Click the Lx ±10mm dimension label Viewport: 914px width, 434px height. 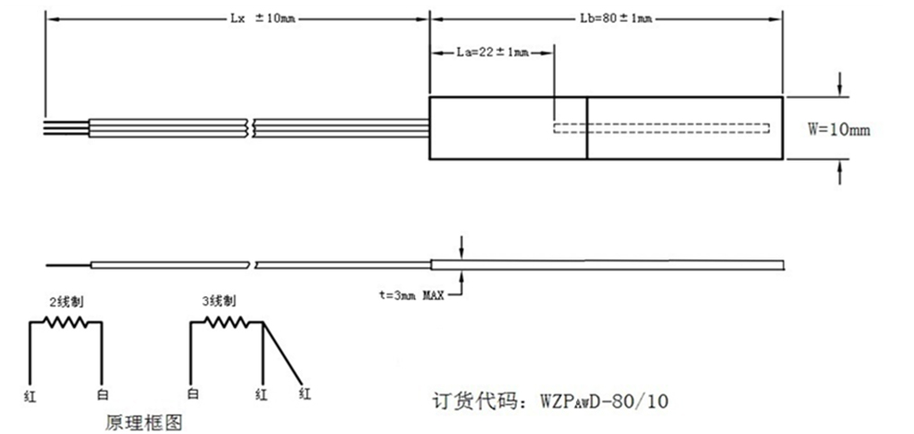tap(261, 18)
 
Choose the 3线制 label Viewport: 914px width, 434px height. tap(218, 302)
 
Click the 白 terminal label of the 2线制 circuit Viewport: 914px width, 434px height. tap(102, 394)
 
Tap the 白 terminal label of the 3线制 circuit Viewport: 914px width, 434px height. tap(191, 394)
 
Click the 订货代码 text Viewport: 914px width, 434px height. tap(476, 402)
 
